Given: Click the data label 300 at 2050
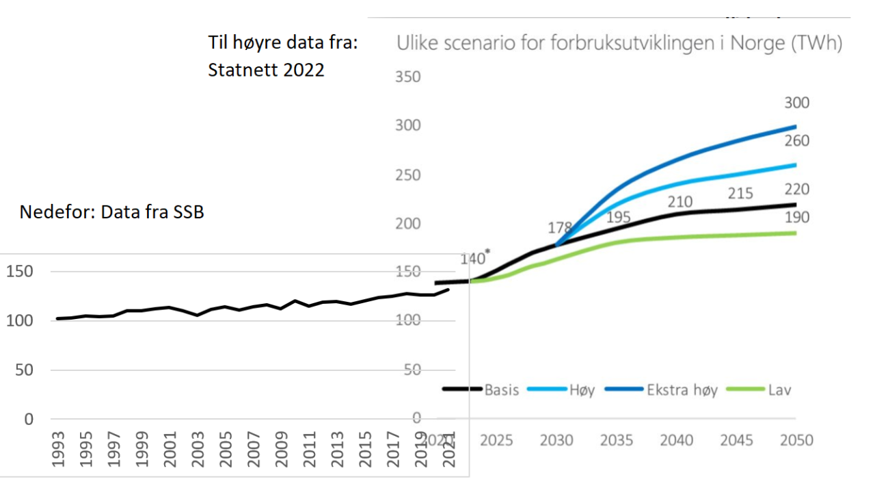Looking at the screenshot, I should pyautogui.click(x=796, y=103).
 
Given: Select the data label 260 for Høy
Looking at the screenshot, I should pyautogui.click(x=796, y=141).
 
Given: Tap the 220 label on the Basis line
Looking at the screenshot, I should pyautogui.click(x=796, y=190).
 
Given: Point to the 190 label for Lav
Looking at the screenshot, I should pyautogui.click(x=796, y=218).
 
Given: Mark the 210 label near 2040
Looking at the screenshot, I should pyautogui.click(x=680, y=202).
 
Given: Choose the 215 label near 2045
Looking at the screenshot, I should pyautogui.click(x=740, y=194).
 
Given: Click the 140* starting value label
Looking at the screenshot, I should pyautogui.click(x=474, y=258).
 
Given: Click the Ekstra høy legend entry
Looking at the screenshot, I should pyautogui.click(x=682, y=390).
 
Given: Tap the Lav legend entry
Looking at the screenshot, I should pyautogui.click(x=779, y=390).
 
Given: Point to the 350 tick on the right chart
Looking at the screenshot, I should pyautogui.click(x=408, y=77).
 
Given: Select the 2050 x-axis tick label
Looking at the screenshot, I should pyautogui.click(x=796, y=439).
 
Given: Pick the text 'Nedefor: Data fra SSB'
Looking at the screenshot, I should pyautogui.click(x=112, y=212).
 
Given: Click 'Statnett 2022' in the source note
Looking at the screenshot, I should pyautogui.click(x=266, y=70).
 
